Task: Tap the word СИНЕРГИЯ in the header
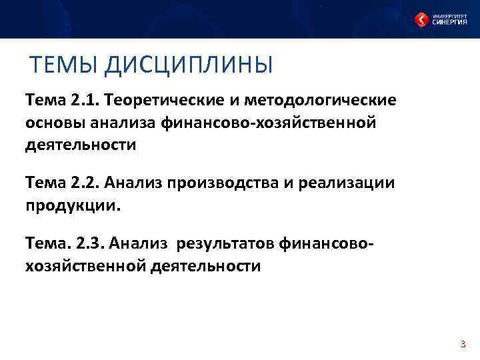point(449,23)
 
